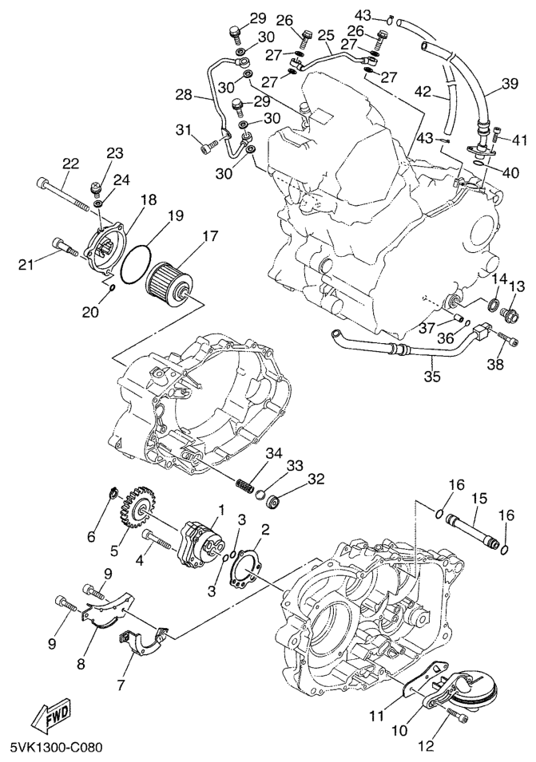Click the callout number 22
70,164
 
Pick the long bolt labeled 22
63,193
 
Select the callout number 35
432,377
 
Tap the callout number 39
510,83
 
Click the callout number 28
185,94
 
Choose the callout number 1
222,510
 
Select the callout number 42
423,92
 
